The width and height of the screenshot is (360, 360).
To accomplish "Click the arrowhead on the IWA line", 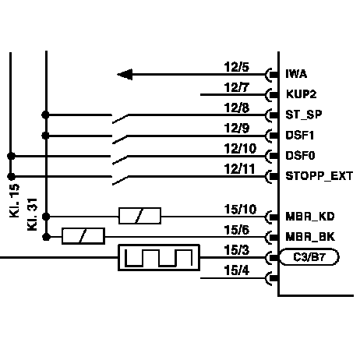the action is coord(125,75).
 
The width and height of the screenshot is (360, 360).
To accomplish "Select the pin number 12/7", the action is coord(236,87).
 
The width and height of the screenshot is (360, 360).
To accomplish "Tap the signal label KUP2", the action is coord(302,94).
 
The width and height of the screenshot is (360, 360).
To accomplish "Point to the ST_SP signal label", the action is coord(304,115).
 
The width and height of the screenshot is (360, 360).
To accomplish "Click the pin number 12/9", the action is coord(237,128).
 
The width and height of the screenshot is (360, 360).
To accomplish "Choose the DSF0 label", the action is coord(300,156).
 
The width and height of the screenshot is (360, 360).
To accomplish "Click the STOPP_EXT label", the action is coord(319,176).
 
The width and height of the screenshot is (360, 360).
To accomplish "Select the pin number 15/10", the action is coord(240,210).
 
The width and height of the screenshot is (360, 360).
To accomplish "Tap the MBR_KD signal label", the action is coord(310,217).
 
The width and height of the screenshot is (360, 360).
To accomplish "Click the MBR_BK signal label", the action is coord(310,237).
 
